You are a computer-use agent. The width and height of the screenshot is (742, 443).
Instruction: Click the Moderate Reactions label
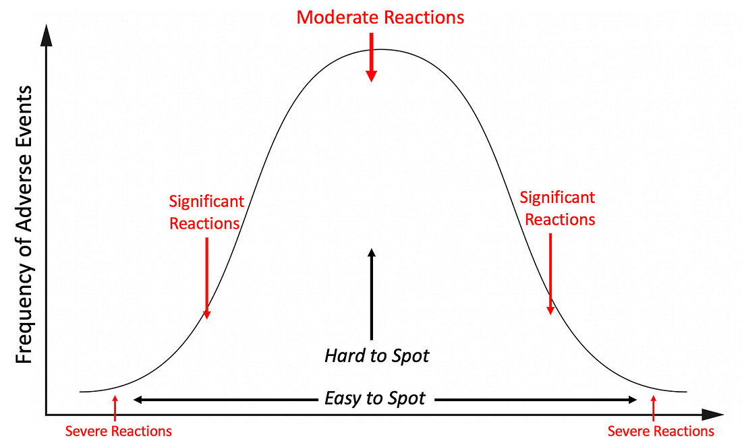point(380,17)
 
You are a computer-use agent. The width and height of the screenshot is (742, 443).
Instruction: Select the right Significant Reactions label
point(559,208)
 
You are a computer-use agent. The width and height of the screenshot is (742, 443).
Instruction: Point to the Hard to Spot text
point(376,355)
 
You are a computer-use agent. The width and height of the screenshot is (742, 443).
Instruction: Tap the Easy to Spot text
point(375,398)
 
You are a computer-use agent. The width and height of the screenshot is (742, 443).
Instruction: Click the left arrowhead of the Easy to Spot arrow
point(138,400)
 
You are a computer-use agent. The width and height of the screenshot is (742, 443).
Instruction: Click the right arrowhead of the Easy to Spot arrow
point(631,400)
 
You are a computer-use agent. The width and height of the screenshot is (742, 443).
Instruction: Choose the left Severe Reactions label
point(118,431)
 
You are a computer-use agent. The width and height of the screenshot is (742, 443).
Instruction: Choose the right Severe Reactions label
point(660,431)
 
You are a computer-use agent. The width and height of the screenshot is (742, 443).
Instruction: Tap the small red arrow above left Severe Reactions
point(115,407)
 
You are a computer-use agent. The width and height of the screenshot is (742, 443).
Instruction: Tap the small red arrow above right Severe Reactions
point(653,407)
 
